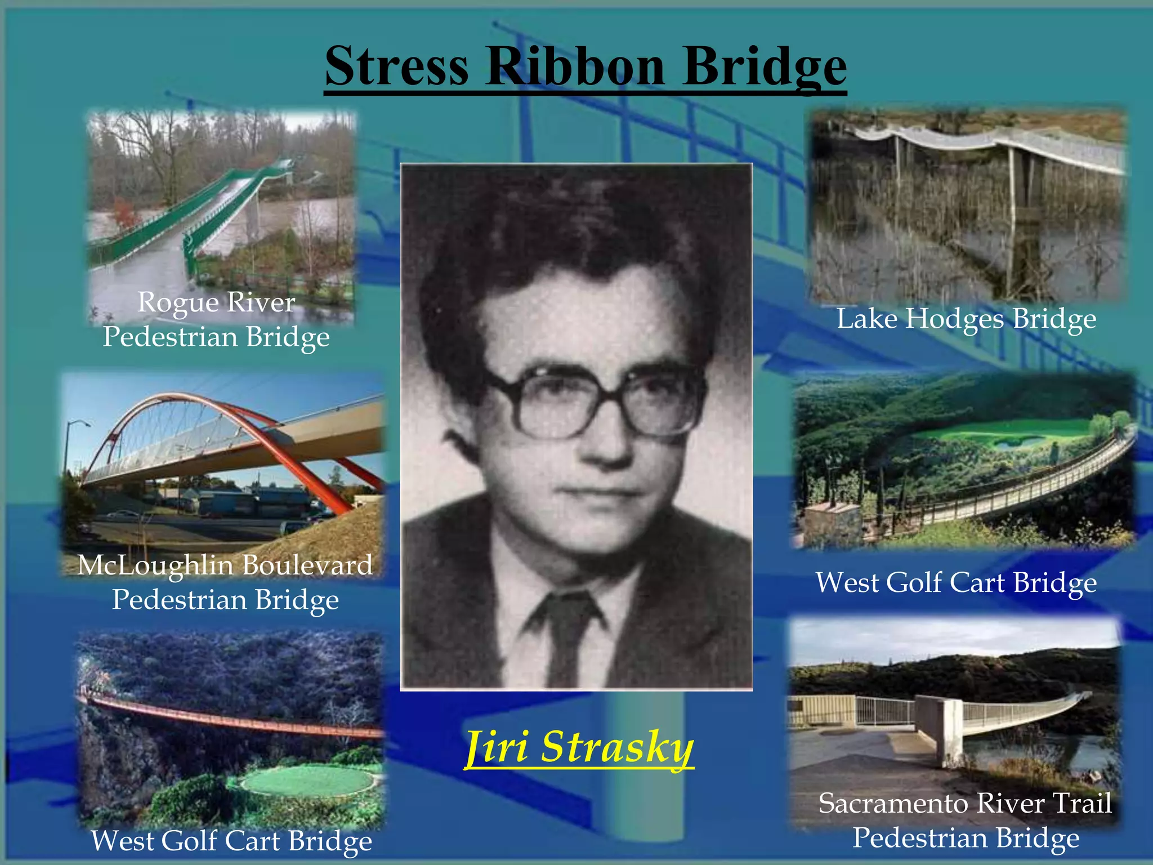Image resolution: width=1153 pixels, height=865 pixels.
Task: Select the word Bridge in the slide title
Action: pos(764,68)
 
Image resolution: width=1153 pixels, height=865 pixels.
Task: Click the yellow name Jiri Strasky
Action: pos(579,747)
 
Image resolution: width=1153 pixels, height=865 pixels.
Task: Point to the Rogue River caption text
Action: pos(216,302)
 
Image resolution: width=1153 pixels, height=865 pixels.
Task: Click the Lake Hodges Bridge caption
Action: pos(966,319)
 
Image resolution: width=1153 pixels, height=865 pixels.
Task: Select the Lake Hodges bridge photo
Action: pos(967,206)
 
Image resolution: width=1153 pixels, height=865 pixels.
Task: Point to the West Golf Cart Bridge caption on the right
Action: pos(956,582)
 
